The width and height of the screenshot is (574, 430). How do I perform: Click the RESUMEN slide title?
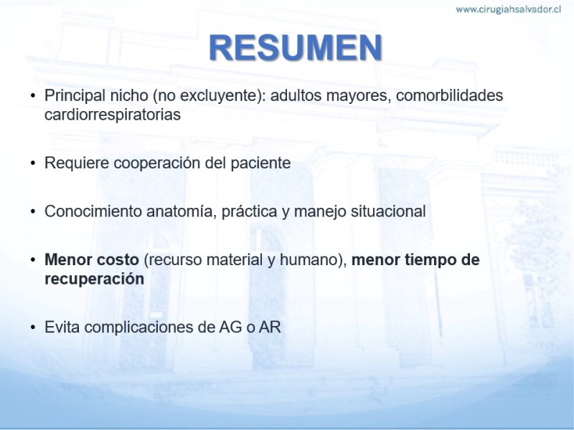(296, 48)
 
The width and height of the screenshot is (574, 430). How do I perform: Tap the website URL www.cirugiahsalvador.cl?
(508, 9)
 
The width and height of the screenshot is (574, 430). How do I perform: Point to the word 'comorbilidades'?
(450, 95)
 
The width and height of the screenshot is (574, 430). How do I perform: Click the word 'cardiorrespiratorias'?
(113, 115)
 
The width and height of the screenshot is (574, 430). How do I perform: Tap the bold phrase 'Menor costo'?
(92, 259)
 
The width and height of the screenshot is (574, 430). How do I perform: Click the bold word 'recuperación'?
(94, 279)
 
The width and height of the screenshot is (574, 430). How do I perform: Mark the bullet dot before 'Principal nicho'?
(33, 96)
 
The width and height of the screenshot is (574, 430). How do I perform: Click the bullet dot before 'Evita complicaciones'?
(33, 328)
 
